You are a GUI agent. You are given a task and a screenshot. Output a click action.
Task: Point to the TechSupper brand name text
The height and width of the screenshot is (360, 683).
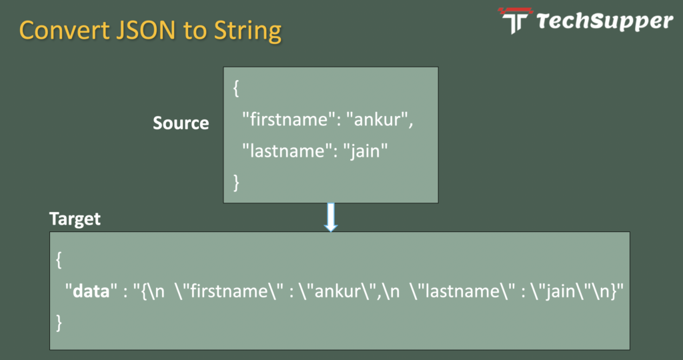pos(604,21)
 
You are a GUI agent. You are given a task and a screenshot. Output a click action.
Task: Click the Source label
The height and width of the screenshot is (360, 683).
pos(181,123)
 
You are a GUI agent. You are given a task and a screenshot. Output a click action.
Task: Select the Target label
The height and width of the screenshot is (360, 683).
pos(75,219)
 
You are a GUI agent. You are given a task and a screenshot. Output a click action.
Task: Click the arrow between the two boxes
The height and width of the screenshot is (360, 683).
pos(331,217)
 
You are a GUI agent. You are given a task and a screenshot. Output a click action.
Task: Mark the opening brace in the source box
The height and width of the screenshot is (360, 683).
pos(236,88)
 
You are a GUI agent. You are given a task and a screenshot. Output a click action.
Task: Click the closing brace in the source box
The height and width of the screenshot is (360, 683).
pos(236,182)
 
